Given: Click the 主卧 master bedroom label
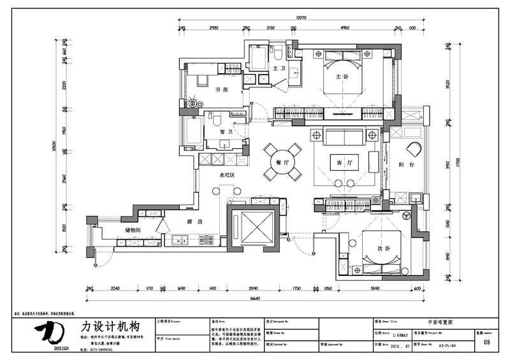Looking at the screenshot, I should coord(342,77).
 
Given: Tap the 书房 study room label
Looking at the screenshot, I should coord(221,90).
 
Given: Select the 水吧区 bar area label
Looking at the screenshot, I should coord(228,174).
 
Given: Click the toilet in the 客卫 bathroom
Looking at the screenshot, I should coord(216,120).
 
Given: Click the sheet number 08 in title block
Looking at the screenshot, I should coord(487,342).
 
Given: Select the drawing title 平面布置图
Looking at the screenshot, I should coord(442,323).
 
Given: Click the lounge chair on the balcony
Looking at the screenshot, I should coord(413,149).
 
